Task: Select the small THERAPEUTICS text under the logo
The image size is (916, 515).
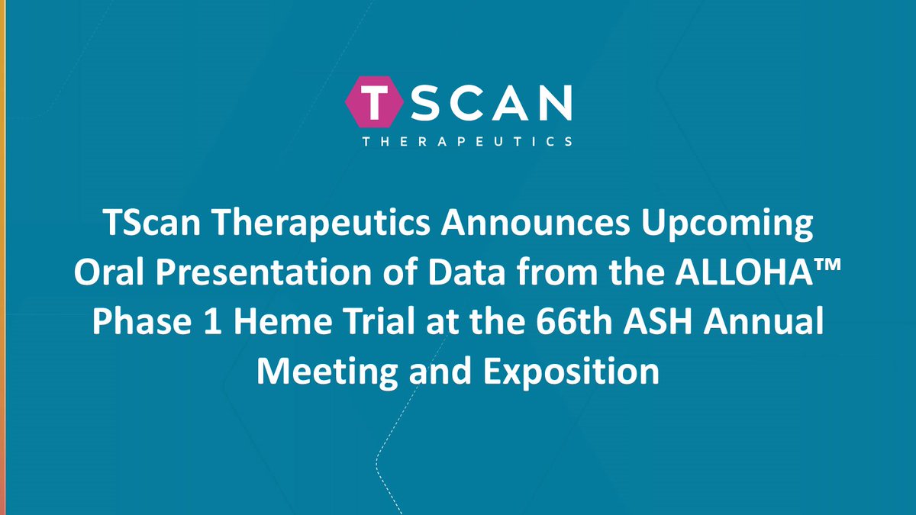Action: tap(458, 141)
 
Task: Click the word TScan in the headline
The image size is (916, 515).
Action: tap(144, 227)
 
